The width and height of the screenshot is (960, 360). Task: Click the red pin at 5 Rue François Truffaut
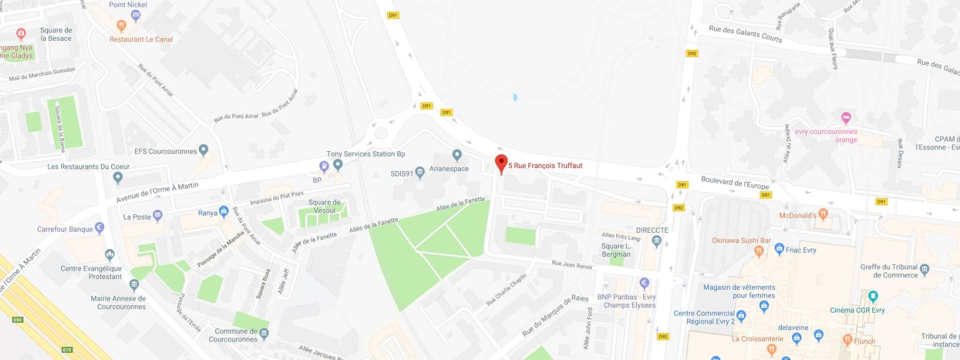point(501,163)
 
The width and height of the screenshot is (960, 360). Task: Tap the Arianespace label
point(449,169)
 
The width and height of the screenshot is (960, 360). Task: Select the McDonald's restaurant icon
point(823,214)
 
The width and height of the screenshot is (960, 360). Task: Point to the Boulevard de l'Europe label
point(734,182)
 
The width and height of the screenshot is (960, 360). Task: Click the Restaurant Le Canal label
point(141,40)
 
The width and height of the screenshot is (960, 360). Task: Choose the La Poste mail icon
point(158,216)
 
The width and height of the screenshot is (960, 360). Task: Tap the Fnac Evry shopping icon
point(779,248)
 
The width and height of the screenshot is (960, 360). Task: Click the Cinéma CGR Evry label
point(857,310)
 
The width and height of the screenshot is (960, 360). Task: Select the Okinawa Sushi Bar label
point(741,241)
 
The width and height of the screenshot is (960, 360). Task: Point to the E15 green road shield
point(67,350)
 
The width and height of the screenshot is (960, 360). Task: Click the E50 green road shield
point(17,320)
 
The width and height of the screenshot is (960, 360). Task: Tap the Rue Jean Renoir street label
point(572,265)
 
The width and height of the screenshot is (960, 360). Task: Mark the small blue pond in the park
point(515,97)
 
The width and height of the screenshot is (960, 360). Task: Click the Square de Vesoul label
point(325,206)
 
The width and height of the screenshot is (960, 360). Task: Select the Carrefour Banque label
point(65,229)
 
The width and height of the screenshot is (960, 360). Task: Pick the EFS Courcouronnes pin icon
point(203,149)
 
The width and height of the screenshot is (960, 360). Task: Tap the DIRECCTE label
point(652,230)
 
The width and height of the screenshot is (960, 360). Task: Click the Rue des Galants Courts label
point(745,34)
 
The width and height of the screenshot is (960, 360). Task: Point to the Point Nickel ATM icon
point(136,15)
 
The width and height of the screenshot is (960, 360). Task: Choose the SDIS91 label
point(401,174)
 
